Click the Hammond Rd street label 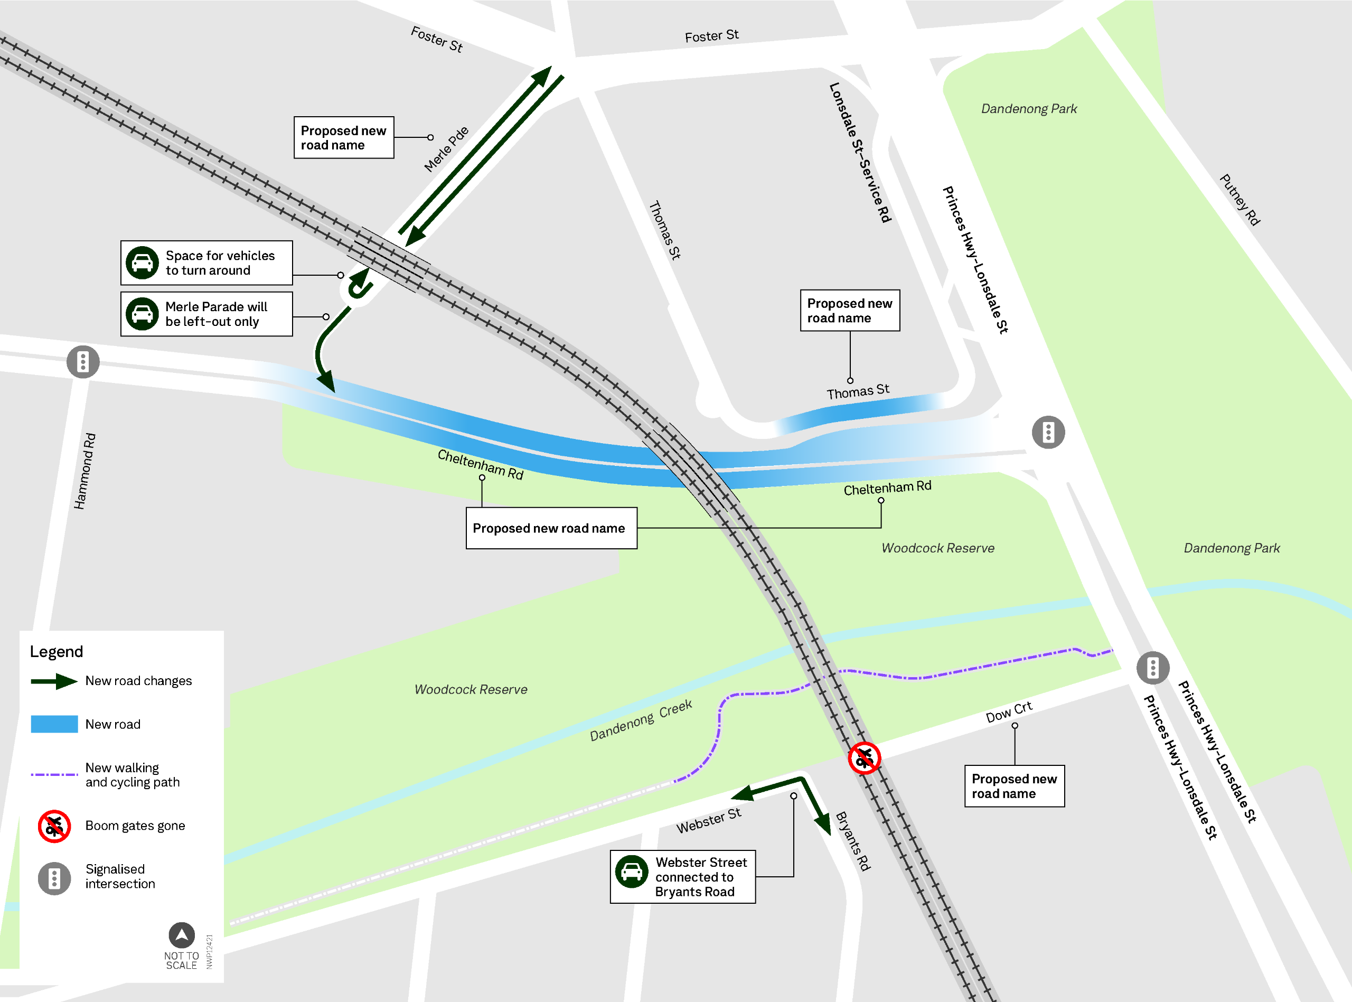tap(85, 471)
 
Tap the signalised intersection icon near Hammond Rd tap(83, 362)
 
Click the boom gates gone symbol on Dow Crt tap(864, 758)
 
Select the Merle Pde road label tap(446, 149)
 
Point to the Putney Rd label tap(1240, 200)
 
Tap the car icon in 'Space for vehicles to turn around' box tap(143, 263)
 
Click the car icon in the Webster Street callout tap(632, 872)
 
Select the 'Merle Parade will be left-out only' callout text tap(217, 314)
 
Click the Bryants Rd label tap(853, 841)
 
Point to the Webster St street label tap(709, 821)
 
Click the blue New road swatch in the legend tap(54, 724)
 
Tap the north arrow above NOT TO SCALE tap(181, 935)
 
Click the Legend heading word tap(57, 652)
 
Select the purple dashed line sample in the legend tap(54, 774)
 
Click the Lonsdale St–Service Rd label tap(860, 153)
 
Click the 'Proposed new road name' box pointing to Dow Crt tap(1015, 786)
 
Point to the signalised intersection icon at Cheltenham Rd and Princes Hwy tap(1048, 433)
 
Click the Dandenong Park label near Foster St tap(1029, 109)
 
